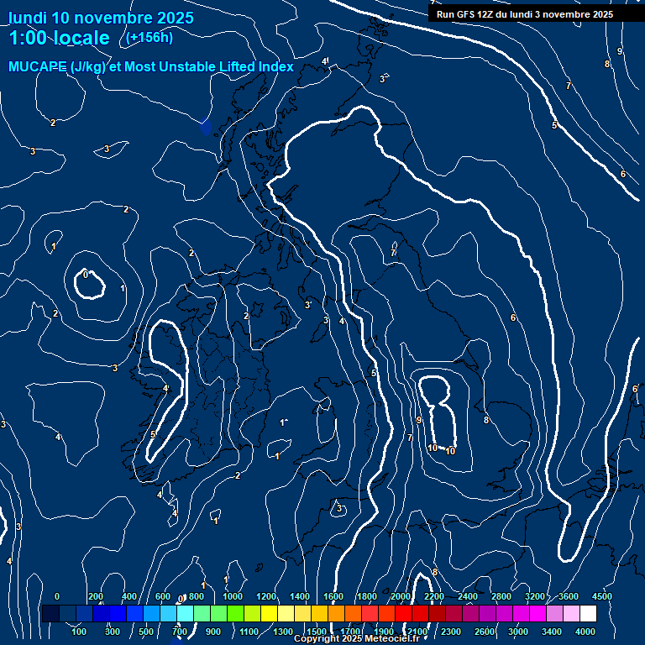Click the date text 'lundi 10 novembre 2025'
(101, 18)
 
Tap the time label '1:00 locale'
(59, 38)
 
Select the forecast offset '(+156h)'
(149, 37)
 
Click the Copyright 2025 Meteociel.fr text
(356, 639)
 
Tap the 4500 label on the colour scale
(601, 596)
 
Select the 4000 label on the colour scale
(585, 632)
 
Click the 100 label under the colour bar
(81, 632)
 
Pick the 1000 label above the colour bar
(232, 596)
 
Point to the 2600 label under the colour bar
(485, 632)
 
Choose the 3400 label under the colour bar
(552, 632)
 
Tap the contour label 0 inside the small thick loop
(86, 275)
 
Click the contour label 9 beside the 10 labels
(418, 420)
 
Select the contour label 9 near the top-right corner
(620, 52)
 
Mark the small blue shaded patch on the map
(206, 127)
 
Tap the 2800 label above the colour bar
(501, 596)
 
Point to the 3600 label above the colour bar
(569, 596)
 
